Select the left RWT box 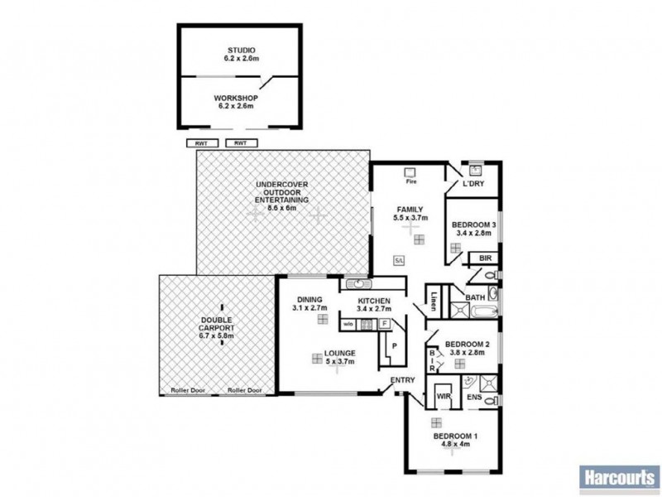click(202, 143)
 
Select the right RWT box click(241, 143)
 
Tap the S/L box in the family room click(399, 260)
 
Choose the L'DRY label click(473, 183)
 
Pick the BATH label click(474, 297)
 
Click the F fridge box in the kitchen click(385, 324)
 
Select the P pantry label click(394, 345)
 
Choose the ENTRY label click(404, 380)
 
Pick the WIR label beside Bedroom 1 click(443, 398)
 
